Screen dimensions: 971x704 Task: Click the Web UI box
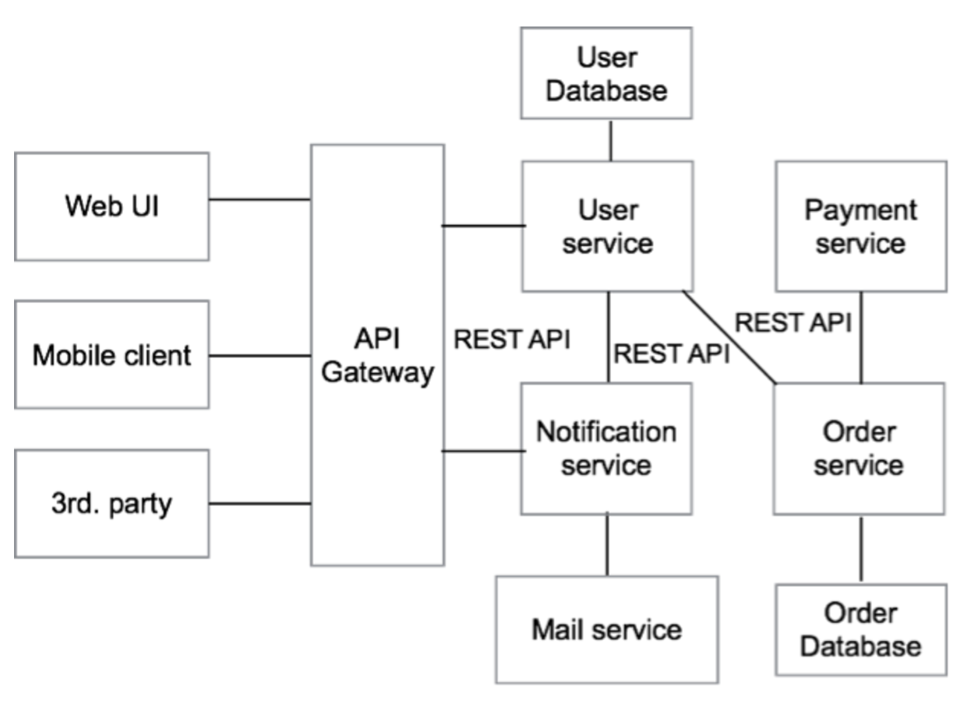tap(112, 206)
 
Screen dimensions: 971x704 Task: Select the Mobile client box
tap(112, 355)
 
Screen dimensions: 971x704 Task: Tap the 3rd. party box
tap(112, 504)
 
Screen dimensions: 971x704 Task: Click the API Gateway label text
tap(377, 355)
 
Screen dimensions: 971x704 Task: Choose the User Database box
tap(606, 72)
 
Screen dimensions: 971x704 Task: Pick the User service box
tap(607, 226)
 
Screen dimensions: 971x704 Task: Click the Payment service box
tap(861, 226)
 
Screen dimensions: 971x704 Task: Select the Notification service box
tap(606, 449)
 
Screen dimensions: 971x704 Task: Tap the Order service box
tap(859, 449)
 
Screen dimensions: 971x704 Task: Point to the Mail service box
tap(607, 630)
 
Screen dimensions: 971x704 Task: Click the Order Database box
tap(861, 630)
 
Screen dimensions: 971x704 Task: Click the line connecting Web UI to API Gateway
tap(260, 199)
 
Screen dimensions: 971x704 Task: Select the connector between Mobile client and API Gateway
tap(260, 356)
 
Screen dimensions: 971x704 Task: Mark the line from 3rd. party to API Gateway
tap(260, 503)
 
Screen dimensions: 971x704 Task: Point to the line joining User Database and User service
tap(611, 141)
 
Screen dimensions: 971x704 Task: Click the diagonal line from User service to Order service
tap(729, 337)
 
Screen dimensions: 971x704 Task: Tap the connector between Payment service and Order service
tap(861, 337)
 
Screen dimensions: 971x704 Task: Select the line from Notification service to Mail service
tap(607, 545)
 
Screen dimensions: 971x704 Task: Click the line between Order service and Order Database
tap(861, 549)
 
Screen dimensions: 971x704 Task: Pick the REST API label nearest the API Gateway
tap(511, 339)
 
